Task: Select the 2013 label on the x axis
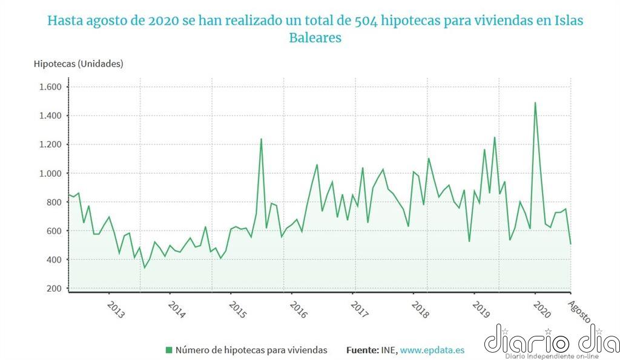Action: click(116, 310)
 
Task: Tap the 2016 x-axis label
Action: click(298, 310)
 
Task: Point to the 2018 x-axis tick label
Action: click(420, 310)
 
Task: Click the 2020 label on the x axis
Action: click(541, 310)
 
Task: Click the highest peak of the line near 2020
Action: click(535, 103)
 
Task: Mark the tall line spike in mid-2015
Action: click(261, 139)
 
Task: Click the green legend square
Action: click(169, 350)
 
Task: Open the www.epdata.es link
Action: click(432, 350)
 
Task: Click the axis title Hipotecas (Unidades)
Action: click(78, 64)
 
